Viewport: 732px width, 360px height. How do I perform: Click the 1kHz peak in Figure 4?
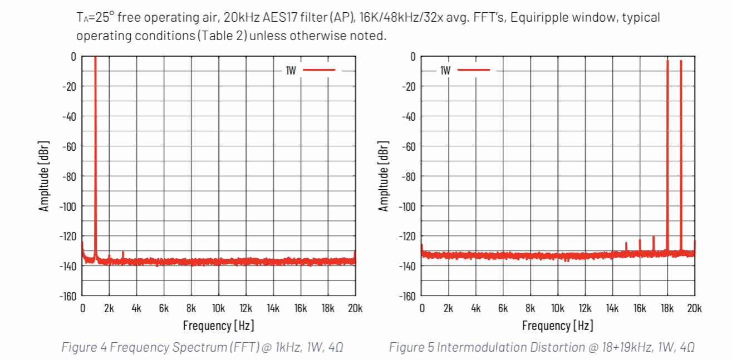pyautogui.click(x=95, y=58)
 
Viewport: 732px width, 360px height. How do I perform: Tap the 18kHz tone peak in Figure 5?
pyautogui.click(x=667, y=61)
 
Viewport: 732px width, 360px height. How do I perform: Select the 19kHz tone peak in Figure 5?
pyautogui.click(x=681, y=62)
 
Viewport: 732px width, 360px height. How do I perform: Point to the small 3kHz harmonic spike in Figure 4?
pyautogui.click(x=123, y=253)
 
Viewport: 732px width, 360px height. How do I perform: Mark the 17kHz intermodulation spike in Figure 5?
pyautogui.click(x=654, y=238)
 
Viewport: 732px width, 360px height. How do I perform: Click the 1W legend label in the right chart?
pyautogui.click(x=446, y=70)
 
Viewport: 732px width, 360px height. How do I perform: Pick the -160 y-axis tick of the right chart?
pyautogui.click(x=407, y=295)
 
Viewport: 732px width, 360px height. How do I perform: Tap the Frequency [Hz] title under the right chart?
pyautogui.click(x=557, y=326)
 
